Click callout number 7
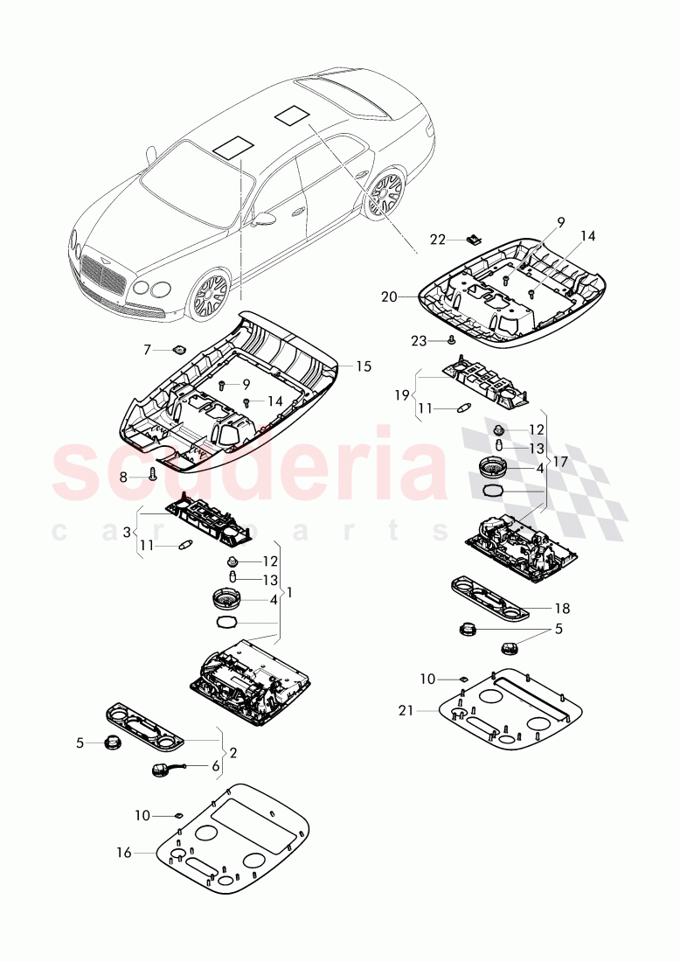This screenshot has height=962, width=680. click(148, 350)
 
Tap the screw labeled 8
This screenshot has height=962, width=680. click(154, 475)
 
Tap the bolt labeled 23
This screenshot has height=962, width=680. click(451, 338)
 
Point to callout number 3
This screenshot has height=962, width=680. click(126, 532)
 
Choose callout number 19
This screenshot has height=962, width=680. click(400, 394)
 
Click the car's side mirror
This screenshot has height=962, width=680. click(261, 219)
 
